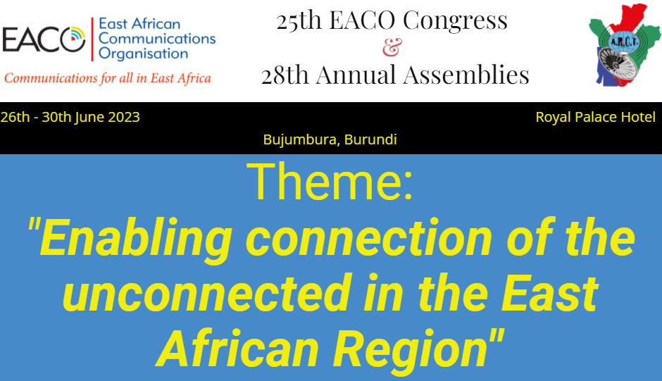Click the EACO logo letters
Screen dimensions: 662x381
coord(44,39)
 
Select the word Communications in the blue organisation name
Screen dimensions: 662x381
coord(157,39)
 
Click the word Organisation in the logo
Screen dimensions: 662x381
coord(143,54)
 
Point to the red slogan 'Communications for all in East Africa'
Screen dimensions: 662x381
coord(108,78)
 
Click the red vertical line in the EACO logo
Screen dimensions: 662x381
coord(92,39)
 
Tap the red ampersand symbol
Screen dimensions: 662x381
coord(392,47)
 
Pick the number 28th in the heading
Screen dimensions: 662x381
coord(285,75)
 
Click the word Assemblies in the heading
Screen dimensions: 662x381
coord(466,75)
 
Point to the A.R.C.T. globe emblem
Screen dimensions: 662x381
coord(623,42)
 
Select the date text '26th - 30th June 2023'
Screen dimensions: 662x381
coord(70,117)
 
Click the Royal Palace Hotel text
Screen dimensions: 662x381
coord(596,117)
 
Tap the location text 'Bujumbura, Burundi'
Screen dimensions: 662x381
coord(330,139)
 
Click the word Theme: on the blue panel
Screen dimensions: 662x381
coord(330,182)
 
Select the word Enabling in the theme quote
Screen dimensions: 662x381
coord(135,239)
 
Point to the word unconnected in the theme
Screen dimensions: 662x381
coord(207,293)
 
